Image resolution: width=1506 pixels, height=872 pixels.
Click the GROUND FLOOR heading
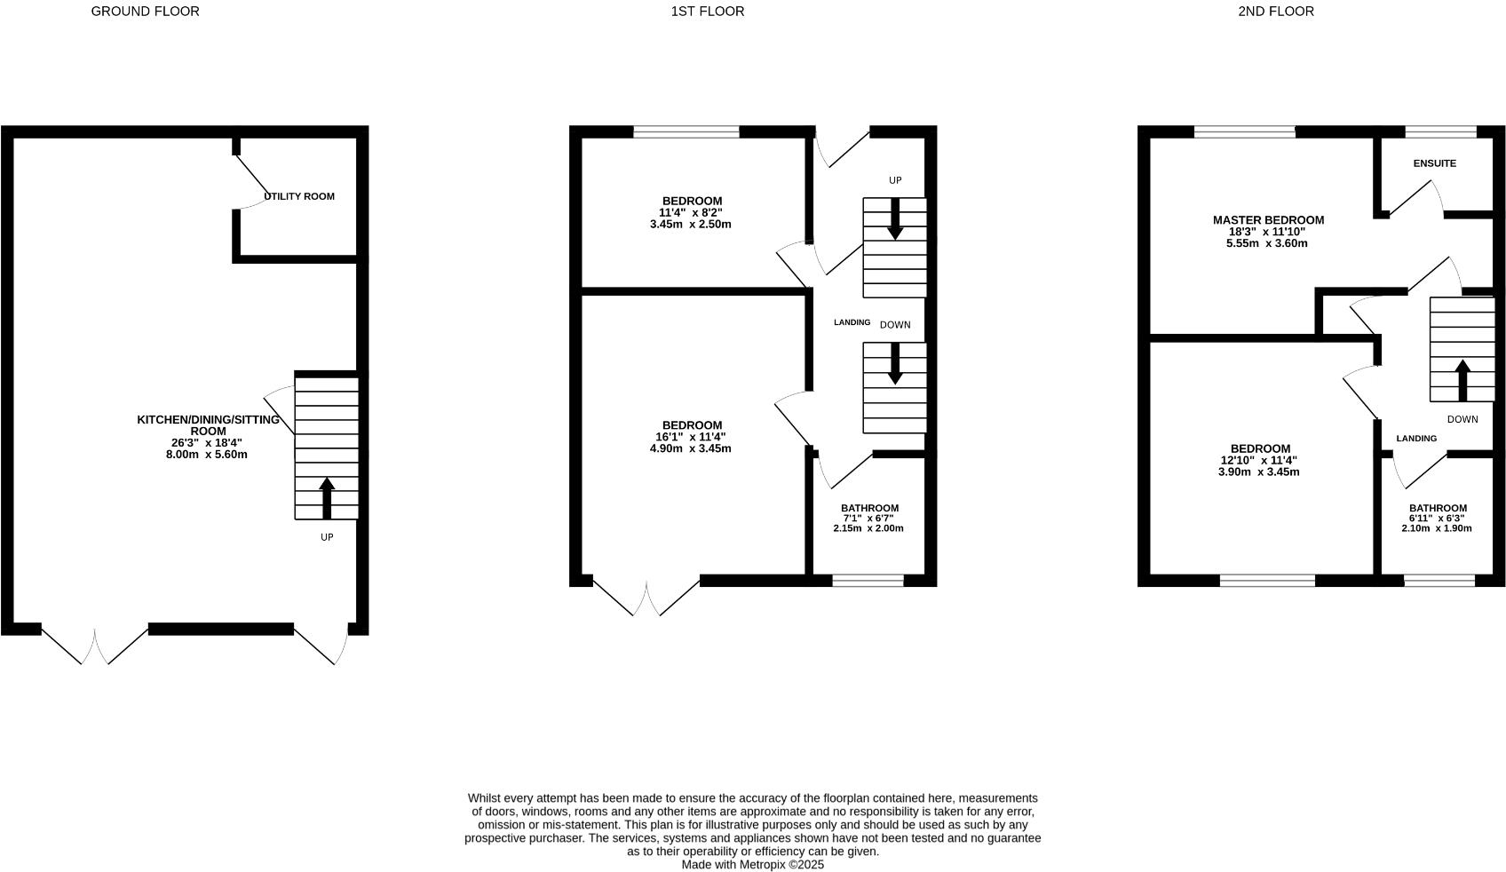(145, 12)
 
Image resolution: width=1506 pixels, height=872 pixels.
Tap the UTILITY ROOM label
(299, 196)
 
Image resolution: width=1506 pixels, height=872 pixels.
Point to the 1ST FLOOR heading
(707, 12)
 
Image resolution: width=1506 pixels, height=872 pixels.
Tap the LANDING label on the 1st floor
(852, 322)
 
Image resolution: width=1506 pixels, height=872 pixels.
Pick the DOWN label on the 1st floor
(895, 325)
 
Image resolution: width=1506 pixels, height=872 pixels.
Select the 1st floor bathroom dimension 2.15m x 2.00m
(868, 528)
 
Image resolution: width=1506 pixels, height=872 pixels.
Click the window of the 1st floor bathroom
(868, 581)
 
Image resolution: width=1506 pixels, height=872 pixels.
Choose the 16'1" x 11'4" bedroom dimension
(691, 437)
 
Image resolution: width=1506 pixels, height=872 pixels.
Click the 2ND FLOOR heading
(1275, 12)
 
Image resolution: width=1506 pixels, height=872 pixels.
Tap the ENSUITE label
(1434, 163)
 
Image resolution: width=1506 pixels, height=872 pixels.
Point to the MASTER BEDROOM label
(1268, 220)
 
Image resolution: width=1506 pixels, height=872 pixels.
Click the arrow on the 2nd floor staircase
(1462, 379)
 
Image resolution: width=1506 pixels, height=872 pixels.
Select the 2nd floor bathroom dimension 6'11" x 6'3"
(1436, 519)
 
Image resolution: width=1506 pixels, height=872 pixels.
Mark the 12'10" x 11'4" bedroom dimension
(1258, 461)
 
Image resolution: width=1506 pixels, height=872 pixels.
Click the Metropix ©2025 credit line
(752, 864)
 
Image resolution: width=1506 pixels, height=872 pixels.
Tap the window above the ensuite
(1440, 132)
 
